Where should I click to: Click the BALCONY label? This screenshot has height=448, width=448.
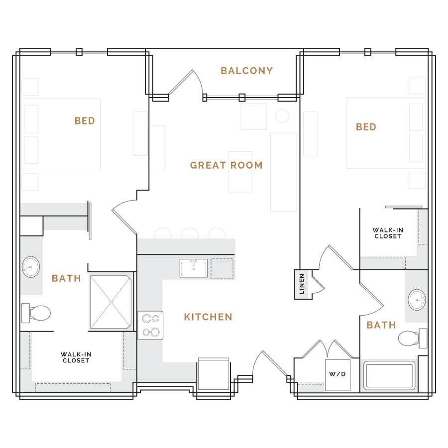click(247, 71)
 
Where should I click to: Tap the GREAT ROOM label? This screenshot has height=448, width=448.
click(226, 165)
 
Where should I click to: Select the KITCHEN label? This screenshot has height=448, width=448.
click(208, 317)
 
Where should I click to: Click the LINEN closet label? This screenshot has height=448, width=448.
click(302, 284)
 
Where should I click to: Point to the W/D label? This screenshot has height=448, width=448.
click(337, 374)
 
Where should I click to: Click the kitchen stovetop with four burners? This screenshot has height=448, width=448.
click(150, 326)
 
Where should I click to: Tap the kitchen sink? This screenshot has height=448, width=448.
click(194, 268)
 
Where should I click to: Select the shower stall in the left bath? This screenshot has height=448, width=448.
click(111, 302)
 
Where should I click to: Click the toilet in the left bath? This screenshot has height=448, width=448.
click(36, 313)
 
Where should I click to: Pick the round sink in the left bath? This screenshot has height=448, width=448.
click(31, 267)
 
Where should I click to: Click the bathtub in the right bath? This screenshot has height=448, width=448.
click(389, 375)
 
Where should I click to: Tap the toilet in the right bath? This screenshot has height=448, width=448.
click(412, 338)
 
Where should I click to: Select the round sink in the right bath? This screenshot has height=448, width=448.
click(417, 300)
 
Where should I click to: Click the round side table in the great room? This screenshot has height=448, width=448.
click(282, 116)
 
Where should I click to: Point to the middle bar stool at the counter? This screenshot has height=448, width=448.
click(190, 233)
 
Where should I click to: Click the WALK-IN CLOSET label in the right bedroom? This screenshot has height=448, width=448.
click(388, 233)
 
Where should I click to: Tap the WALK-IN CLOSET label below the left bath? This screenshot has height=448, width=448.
click(76, 357)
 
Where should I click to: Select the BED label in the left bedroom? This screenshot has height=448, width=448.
click(85, 121)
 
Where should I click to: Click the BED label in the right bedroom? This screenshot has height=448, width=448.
click(366, 127)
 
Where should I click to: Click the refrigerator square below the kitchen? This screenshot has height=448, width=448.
click(214, 374)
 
